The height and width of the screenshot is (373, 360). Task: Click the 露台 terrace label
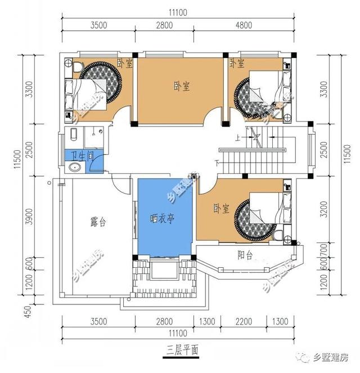(x=98, y=222)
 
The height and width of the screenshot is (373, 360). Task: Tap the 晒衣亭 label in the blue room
(x=164, y=219)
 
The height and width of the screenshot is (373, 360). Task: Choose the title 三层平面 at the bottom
(x=180, y=349)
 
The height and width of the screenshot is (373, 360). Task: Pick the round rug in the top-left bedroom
(x=101, y=82)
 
